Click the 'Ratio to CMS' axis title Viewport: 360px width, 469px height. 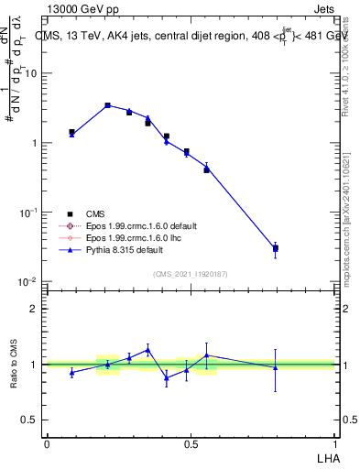point(14,365)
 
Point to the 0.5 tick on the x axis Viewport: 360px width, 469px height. point(191,442)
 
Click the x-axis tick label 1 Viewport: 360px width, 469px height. point(335,442)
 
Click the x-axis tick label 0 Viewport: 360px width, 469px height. point(47,442)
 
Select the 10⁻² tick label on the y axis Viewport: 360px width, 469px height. point(27,282)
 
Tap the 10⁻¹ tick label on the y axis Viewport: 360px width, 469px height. point(27,213)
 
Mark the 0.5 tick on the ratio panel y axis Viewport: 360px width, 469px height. point(30,420)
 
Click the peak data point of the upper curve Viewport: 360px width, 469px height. point(107,105)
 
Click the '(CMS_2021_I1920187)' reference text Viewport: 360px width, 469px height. point(190,273)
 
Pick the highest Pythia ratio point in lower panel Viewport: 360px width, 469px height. point(147,349)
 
